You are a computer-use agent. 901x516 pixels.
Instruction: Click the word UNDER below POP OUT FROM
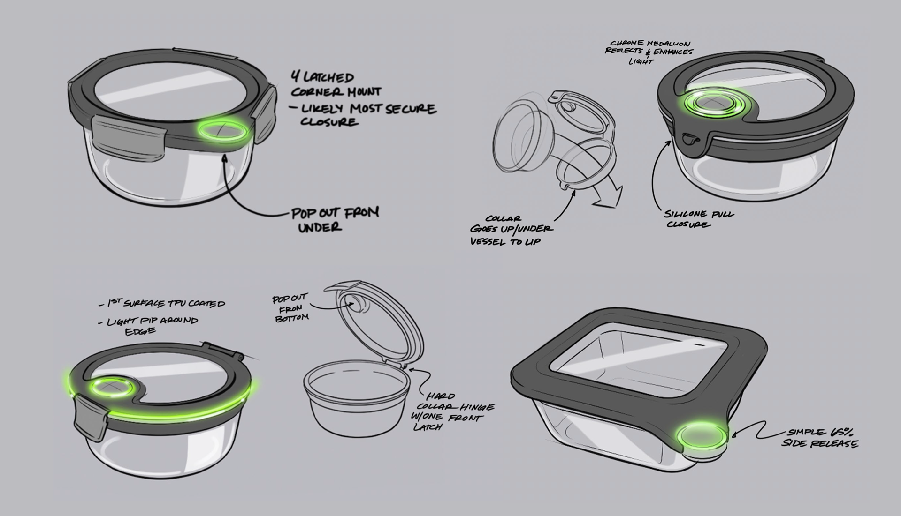(x=320, y=228)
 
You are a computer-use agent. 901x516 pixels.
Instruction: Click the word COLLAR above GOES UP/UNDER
(x=503, y=218)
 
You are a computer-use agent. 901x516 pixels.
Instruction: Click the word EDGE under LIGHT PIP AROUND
(x=140, y=331)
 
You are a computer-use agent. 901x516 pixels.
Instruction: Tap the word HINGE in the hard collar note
(x=477, y=407)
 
